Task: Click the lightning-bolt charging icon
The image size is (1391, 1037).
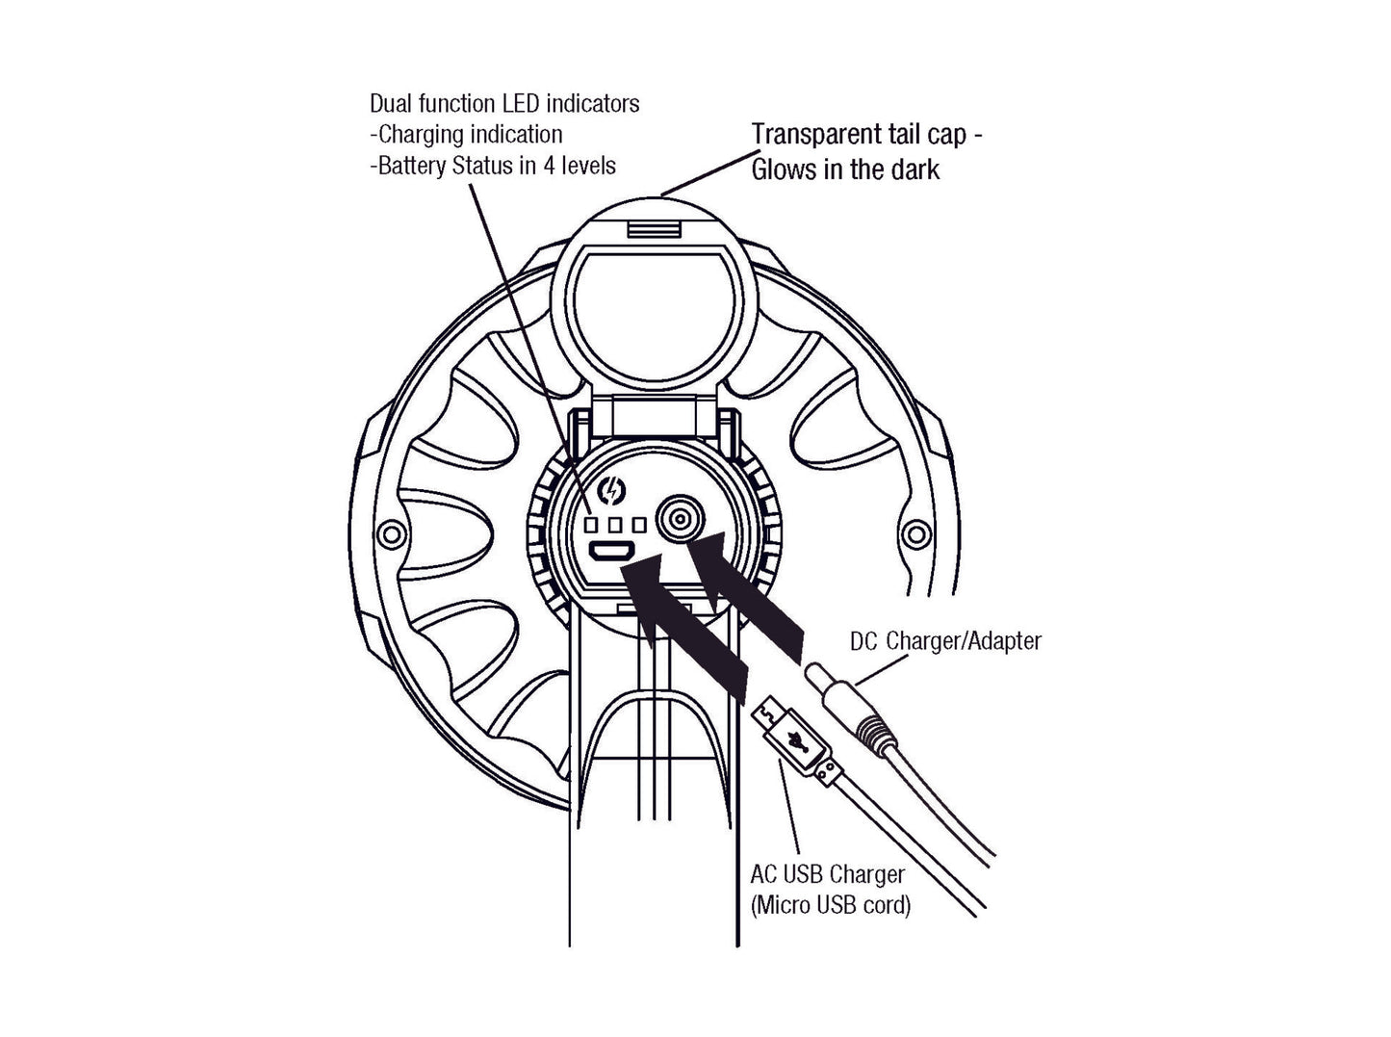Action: pos(611,492)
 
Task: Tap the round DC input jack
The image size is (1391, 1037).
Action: pos(680,521)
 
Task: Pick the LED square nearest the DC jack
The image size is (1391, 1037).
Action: pos(637,525)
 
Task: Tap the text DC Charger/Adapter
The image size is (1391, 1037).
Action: pos(945,640)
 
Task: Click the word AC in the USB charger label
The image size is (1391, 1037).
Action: pos(763,874)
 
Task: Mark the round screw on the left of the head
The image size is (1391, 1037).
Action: pos(390,532)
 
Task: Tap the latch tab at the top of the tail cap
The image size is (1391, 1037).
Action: pos(653,229)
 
